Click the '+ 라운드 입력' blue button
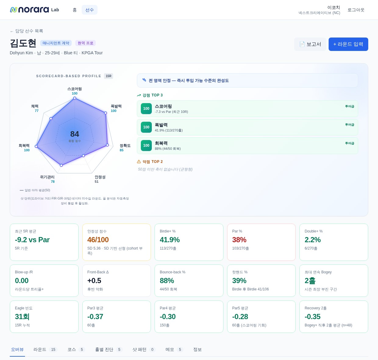(x=348, y=44)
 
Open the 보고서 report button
(x=310, y=44)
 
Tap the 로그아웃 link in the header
(x=356, y=10)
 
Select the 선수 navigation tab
(x=89, y=10)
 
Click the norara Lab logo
(x=34, y=10)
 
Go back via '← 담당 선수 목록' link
(x=27, y=31)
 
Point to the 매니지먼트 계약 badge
(x=56, y=43)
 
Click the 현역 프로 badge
(x=85, y=43)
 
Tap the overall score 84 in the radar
(x=75, y=134)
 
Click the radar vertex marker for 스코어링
(x=75, y=98)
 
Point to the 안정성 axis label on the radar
(x=100, y=177)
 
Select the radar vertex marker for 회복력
(x=36, y=146)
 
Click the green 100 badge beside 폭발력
(x=146, y=127)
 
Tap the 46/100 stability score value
(x=98, y=240)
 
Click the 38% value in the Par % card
(x=239, y=240)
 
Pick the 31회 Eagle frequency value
(x=22, y=317)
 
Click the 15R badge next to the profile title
(x=109, y=76)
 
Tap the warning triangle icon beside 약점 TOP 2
(x=139, y=162)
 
